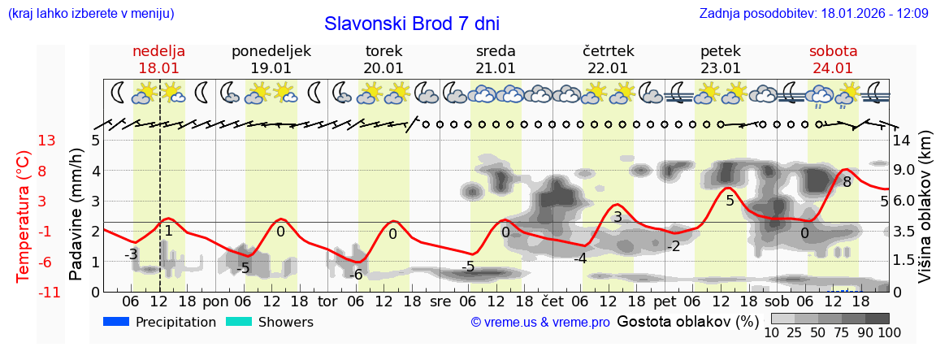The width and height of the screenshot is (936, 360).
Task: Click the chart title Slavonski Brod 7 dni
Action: [412, 24]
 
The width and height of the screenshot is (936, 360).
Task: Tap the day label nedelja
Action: [159, 51]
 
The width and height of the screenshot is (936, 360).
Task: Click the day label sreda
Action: [496, 51]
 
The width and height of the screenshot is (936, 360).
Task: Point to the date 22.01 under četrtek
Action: [608, 68]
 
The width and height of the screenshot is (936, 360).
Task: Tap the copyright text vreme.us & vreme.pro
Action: [540, 323]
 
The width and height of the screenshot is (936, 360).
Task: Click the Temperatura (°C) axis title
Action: [25, 216]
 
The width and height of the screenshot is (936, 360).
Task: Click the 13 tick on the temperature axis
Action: [46, 141]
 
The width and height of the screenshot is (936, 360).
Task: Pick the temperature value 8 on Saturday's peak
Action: [847, 182]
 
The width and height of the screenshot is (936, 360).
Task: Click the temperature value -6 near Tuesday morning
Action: [355, 275]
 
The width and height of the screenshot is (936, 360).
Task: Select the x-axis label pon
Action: [216, 301]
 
